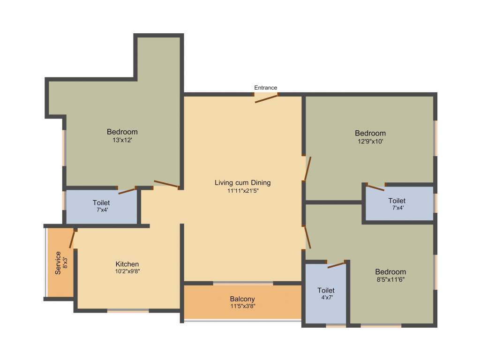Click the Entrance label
(x=266, y=88)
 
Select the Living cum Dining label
(x=243, y=183)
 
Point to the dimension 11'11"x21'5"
(x=243, y=190)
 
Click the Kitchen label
(x=127, y=264)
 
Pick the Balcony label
(x=242, y=299)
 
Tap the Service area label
(x=58, y=263)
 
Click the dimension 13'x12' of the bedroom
(x=122, y=139)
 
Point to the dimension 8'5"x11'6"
(x=390, y=279)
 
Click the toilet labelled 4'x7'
(x=326, y=290)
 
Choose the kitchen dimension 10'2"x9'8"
(x=127, y=271)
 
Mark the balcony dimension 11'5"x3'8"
(x=242, y=306)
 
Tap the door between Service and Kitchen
(x=72, y=239)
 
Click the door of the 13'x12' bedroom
(x=166, y=184)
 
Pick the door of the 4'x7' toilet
(x=337, y=265)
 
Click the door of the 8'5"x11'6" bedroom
(x=308, y=238)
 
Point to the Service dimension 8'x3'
(x=65, y=263)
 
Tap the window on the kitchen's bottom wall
(x=128, y=311)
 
